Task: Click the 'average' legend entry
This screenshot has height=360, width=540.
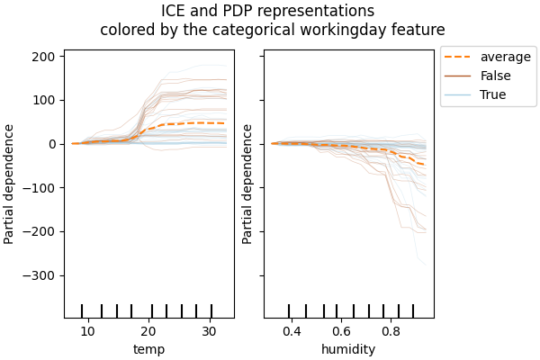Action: (505, 58)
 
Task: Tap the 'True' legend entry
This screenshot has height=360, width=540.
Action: (492, 94)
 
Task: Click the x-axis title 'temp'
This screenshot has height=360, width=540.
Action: (148, 349)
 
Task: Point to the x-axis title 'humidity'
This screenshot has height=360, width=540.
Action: (348, 349)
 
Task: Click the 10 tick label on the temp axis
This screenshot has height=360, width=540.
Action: (87, 331)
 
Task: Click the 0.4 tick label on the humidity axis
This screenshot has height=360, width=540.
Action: (292, 331)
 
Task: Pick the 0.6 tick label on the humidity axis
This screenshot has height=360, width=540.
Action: (341, 331)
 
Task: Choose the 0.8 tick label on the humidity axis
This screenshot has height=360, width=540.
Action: (391, 331)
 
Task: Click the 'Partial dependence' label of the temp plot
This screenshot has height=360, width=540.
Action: (10, 184)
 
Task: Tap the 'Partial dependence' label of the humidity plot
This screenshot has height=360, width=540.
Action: (247, 184)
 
